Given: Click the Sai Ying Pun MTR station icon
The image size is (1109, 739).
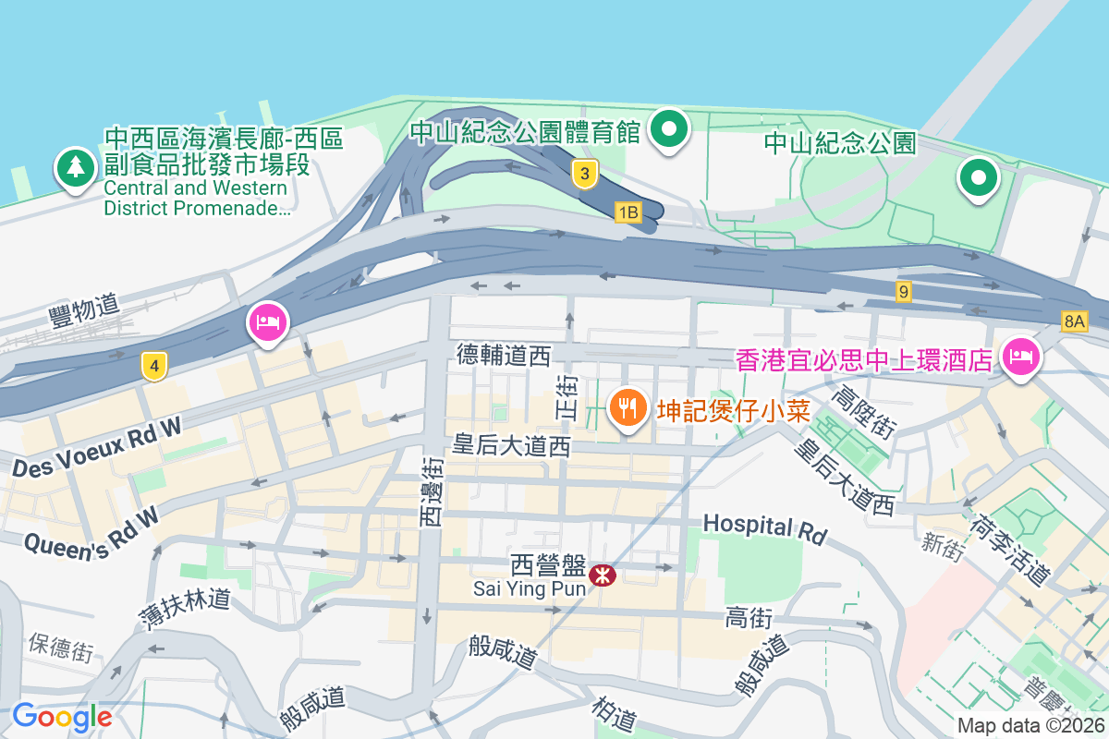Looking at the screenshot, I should point(603,575).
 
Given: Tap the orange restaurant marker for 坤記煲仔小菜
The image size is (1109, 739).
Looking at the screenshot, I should point(628,407).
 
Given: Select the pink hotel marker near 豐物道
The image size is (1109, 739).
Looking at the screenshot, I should point(268,323).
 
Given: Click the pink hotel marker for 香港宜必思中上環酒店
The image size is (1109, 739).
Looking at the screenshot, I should point(1021,356).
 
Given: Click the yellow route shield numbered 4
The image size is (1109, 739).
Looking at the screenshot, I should point(154,367).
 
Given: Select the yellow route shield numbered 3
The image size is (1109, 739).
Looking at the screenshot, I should point(584,173).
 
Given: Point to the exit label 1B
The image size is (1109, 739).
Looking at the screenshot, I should point(628,213).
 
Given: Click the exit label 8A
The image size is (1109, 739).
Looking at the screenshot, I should point(1074,321).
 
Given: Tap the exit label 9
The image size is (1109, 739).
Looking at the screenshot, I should point(903,292).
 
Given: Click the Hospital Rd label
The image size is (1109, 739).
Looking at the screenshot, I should point(763,528).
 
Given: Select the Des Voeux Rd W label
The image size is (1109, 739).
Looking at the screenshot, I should point(97,449).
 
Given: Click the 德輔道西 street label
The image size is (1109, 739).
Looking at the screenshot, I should point(504,354).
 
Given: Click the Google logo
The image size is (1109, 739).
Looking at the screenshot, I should point(62,717).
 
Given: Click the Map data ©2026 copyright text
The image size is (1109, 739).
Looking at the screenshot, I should point(1030,726).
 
